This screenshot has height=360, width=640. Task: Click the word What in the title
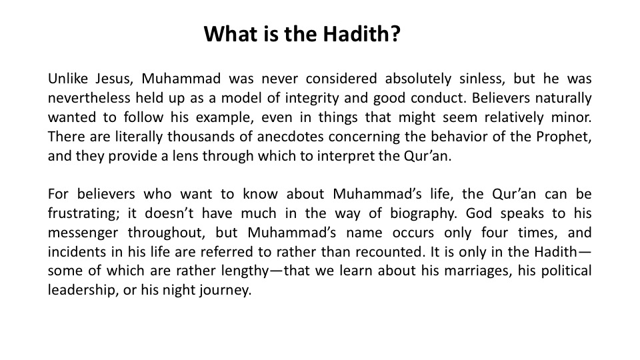[x=230, y=33]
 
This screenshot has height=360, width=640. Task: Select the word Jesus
[x=115, y=79]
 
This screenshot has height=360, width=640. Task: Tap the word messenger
[x=83, y=233]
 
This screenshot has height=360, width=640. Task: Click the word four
[x=495, y=233]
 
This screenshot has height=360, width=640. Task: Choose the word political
[x=567, y=271]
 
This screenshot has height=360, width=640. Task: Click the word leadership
[x=83, y=290]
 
